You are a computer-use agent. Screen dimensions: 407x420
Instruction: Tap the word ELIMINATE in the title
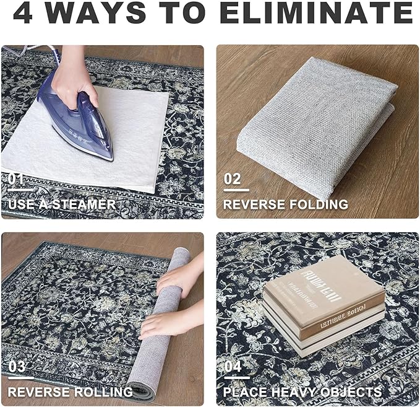[315, 14]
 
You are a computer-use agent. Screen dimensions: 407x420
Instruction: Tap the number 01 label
[16, 179]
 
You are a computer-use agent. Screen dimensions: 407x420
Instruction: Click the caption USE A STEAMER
[61, 204]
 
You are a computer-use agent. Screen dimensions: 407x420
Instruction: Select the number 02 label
[233, 179]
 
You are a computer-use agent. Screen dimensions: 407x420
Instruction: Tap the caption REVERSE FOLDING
[285, 204]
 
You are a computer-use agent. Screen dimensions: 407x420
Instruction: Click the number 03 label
[17, 366]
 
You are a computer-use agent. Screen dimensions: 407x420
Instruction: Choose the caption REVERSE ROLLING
[70, 392]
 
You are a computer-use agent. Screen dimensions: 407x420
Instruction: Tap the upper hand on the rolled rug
[182, 276]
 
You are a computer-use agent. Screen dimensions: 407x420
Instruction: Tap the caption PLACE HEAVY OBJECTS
[302, 392]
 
